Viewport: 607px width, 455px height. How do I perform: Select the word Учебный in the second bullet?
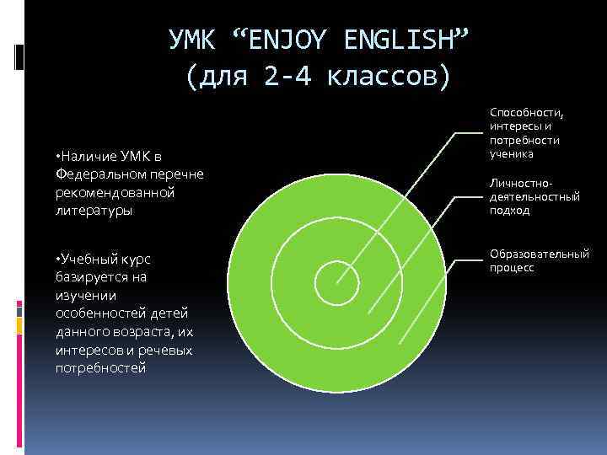(87, 259)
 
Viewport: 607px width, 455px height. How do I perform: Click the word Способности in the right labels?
(526, 113)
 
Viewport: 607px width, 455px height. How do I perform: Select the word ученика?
(510, 154)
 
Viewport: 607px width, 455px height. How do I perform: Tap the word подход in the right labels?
(509, 211)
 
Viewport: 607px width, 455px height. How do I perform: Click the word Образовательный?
(539, 254)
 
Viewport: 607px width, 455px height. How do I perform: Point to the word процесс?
(511, 267)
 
